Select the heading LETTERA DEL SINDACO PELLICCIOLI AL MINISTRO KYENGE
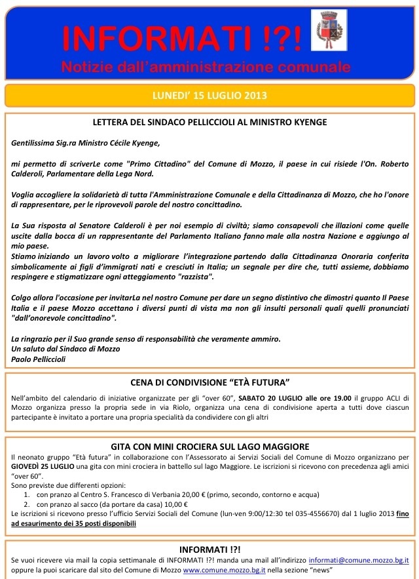[x=210, y=122]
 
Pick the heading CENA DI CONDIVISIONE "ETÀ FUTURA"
[x=210, y=382]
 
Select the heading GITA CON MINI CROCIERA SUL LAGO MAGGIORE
[x=210, y=447]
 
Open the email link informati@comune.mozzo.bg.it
[x=358, y=561]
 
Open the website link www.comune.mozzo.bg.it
[x=226, y=570]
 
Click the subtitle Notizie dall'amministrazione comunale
[x=206, y=68]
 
